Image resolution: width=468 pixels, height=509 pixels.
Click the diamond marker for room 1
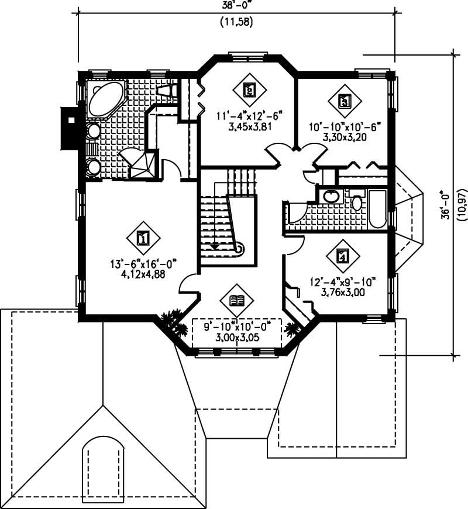pyautogui.click(x=142, y=238)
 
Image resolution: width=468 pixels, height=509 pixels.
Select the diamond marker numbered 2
pyautogui.click(x=248, y=90)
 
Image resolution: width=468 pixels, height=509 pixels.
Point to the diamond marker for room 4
pyautogui.click(x=343, y=256)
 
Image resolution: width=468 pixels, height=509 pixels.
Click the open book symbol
pyautogui.click(x=237, y=301)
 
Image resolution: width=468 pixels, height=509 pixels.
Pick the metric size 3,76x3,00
pyautogui.click(x=343, y=293)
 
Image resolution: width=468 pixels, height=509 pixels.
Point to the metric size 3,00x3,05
pyautogui.click(x=236, y=338)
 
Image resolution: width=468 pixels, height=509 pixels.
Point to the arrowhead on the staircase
pyautogui.click(x=215, y=246)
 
